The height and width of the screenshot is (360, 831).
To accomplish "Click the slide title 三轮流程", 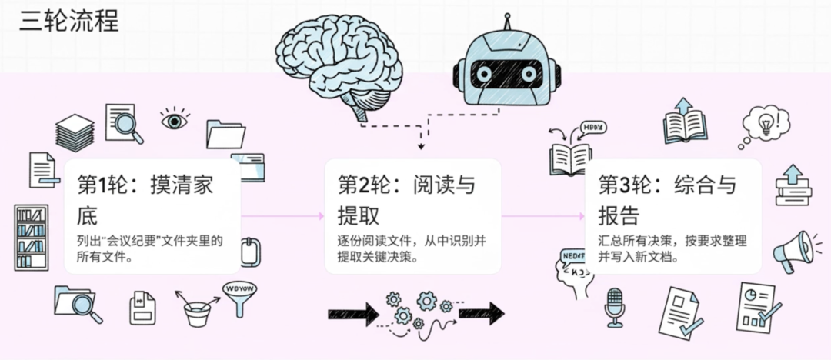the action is click(69, 21).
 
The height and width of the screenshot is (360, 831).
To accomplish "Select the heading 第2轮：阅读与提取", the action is click(406, 198).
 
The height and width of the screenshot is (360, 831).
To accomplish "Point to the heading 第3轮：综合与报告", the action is click(667, 198).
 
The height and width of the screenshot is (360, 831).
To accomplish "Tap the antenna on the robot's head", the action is click(506, 21).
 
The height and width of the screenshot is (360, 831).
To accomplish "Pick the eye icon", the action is click(175, 119).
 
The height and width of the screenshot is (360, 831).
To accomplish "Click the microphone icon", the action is click(614, 306).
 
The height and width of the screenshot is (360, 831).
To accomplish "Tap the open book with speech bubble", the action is click(575, 150).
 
